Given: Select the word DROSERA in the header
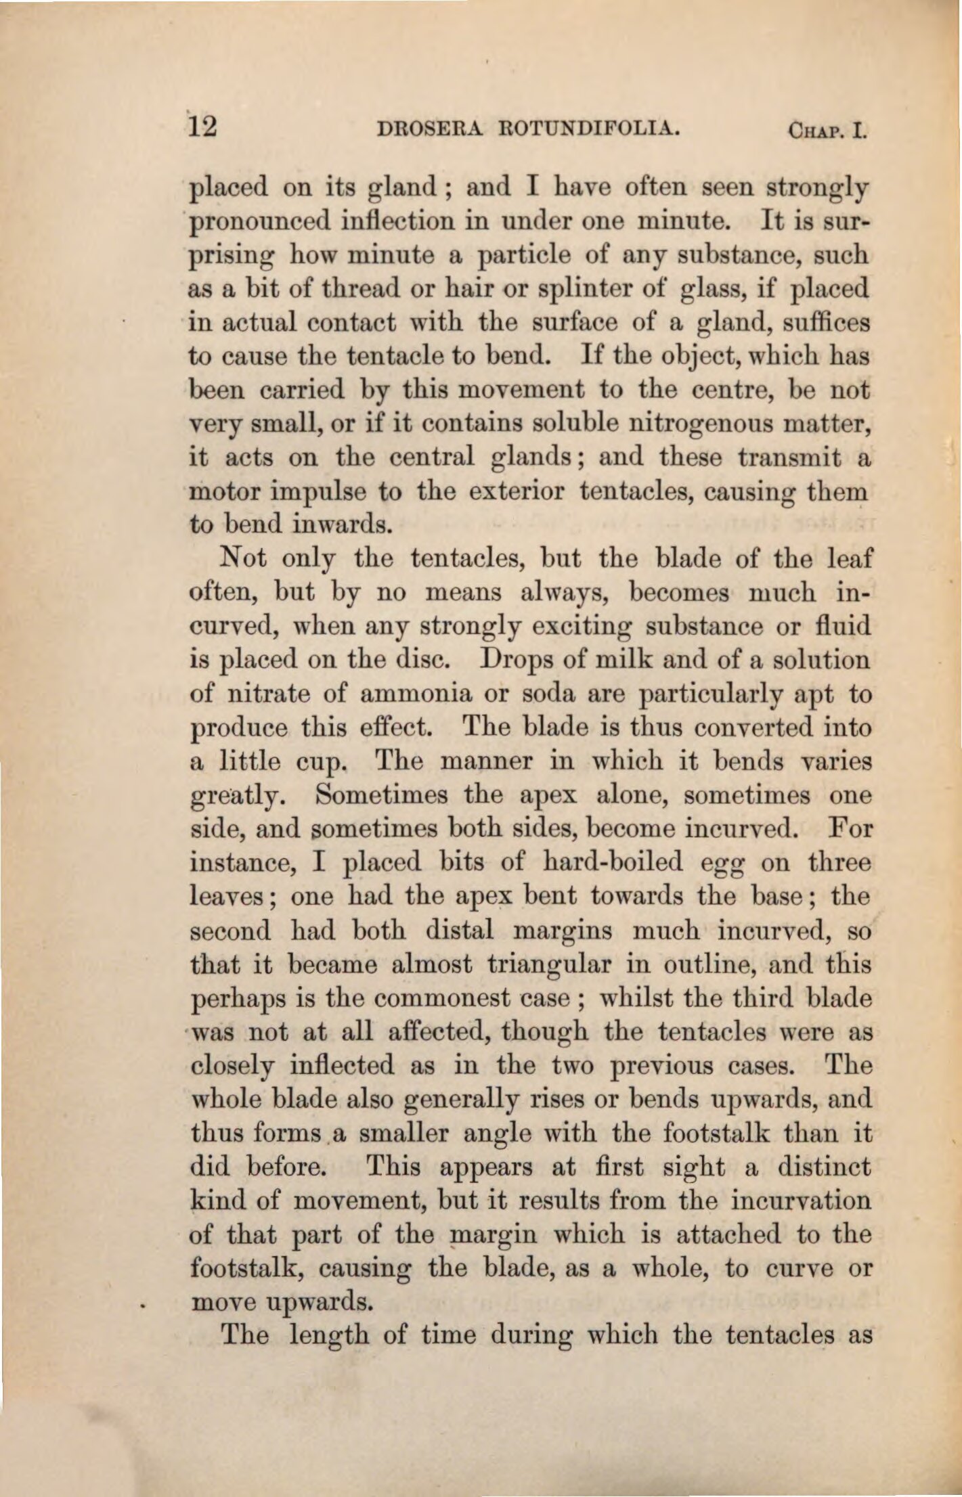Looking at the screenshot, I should pyautogui.click(x=420, y=128).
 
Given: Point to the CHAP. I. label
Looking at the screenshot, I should pyautogui.click(x=827, y=129).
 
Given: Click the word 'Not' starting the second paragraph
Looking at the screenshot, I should pyautogui.click(x=242, y=559).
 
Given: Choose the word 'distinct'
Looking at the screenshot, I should pyautogui.click(x=823, y=1167).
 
